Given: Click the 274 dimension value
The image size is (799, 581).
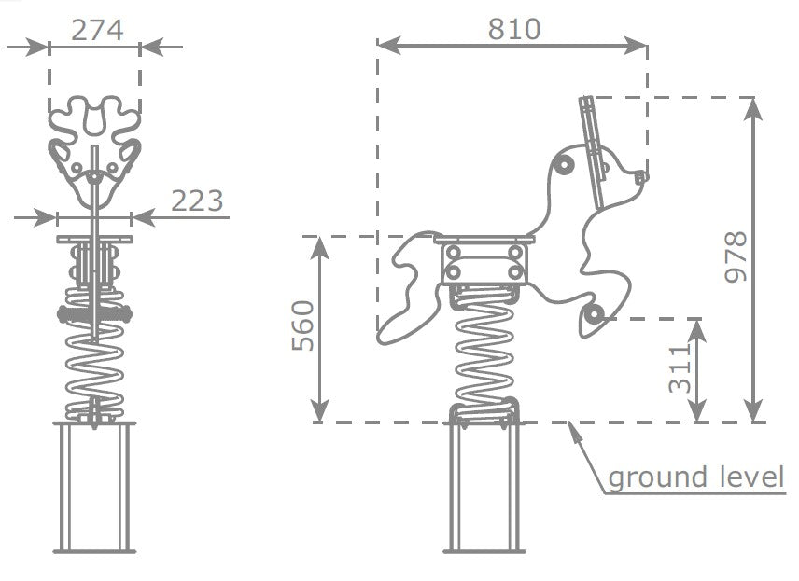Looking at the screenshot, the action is [97, 31].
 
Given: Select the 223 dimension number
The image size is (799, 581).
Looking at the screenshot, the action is [197, 201].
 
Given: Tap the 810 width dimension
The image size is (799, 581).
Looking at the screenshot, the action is [513, 29].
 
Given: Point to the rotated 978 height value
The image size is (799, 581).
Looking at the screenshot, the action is [736, 256].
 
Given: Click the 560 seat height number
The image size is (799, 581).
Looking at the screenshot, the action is [302, 325].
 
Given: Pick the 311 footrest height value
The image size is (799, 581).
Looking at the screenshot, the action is [680, 368].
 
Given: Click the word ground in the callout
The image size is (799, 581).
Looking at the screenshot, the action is [658, 478].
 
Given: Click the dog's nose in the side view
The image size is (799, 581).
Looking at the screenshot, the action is [641, 177].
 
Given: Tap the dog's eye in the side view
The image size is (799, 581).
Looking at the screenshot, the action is [565, 164].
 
